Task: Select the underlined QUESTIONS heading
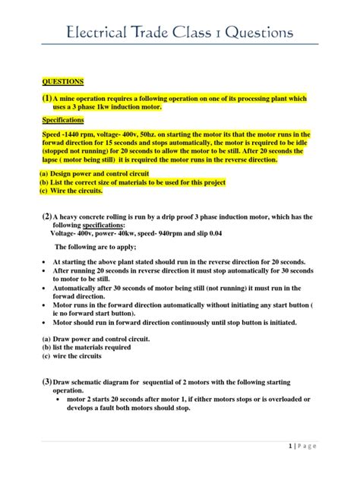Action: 62,81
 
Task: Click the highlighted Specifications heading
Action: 65,120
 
